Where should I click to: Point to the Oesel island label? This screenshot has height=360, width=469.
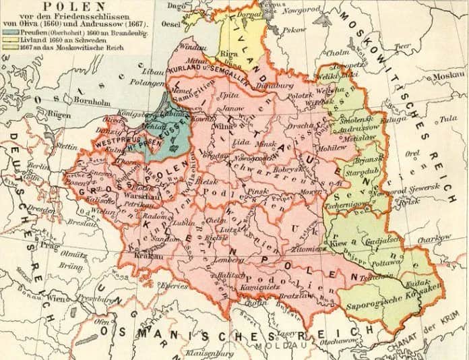[x=173, y=26]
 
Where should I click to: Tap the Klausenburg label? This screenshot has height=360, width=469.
[x=214, y=351]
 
